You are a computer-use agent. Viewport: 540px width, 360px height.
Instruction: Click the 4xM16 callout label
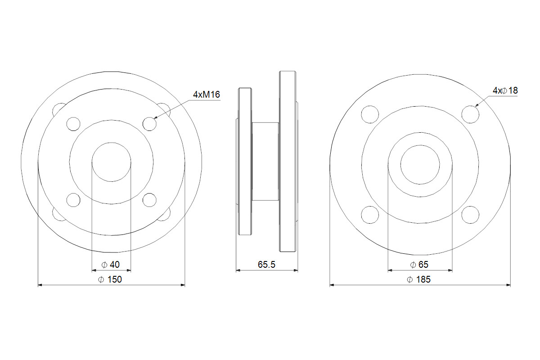pyautogui.click(x=207, y=94)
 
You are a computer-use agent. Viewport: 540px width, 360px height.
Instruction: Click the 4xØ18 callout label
pyautogui.click(x=505, y=90)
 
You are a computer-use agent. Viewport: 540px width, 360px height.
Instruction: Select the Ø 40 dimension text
pyautogui.click(x=111, y=265)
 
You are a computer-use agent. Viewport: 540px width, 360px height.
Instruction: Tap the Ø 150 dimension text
pyautogui.click(x=110, y=279)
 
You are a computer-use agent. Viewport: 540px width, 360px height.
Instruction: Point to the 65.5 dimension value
pyautogui.click(x=266, y=265)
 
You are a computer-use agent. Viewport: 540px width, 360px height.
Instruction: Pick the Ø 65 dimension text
pyautogui.click(x=419, y=265)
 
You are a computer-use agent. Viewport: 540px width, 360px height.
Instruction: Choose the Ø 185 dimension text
pyautogui.click(x=419, y=279)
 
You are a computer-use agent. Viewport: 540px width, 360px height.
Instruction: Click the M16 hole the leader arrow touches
pyautogui.click(x=149, y=124)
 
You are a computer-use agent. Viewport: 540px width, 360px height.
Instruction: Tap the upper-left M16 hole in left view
pyautogui.click(x=73, y=124)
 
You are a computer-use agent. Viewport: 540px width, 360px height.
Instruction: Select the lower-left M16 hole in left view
pyautogui.click(x=73, y=200)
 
